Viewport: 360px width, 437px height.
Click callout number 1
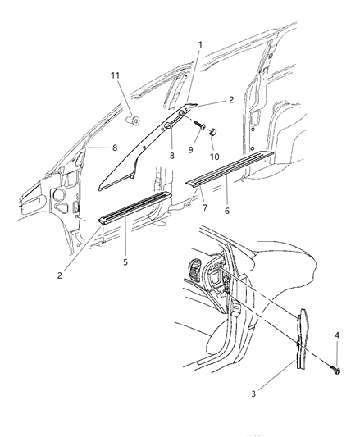click(x=200, y=44)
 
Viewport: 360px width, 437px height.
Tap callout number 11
click(x=115, y=75)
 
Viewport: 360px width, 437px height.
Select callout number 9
click(x=191, y=150)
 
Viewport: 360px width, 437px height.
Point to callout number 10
click(x=214, y=157)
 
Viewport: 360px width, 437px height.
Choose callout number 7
click(x=205, y=207)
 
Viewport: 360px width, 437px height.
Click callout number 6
click(x=227, y=211)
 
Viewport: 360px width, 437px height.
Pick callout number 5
click(x=125, y=262)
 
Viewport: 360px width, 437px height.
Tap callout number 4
click(x=337, y=335)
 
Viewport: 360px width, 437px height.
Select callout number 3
click(x=253, y=394)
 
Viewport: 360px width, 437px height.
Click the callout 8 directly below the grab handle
click(x=171, y=156)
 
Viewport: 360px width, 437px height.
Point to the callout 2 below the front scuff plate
click(x=60, y=275)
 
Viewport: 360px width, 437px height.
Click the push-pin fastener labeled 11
click(x=134, y=121)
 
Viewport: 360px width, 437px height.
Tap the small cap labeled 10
click(x=213, y=131)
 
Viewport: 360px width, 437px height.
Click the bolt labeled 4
click(x=335, y=370)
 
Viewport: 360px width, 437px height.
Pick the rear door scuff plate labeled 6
click(x=230, y=167)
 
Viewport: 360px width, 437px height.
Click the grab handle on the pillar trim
click(x=175, y=120)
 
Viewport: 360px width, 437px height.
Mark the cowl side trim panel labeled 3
click(x=303, y=339)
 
